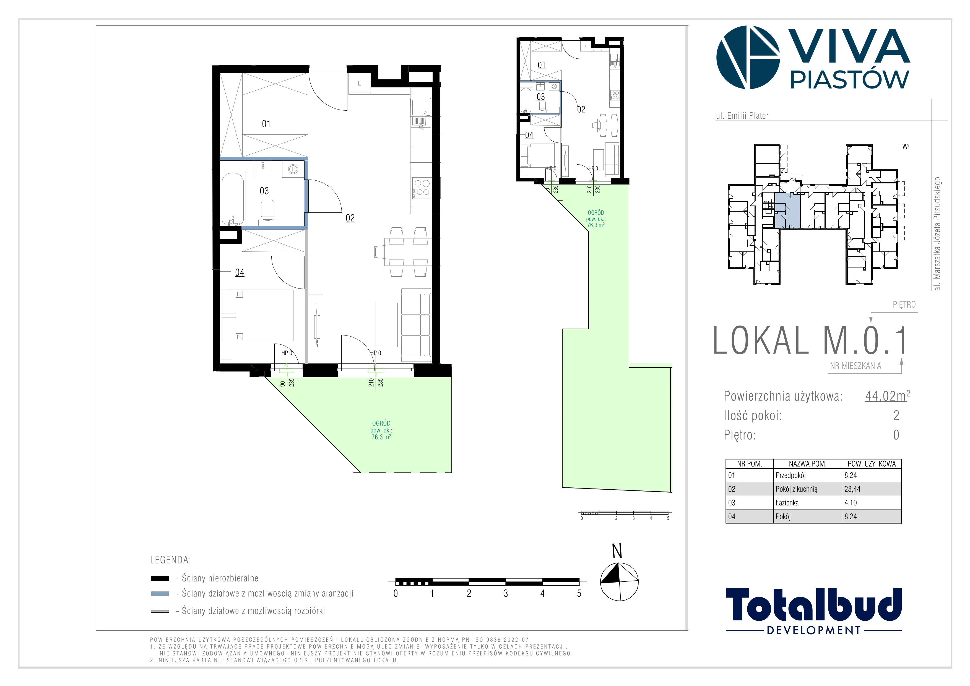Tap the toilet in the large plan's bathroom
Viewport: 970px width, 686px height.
[267, 210]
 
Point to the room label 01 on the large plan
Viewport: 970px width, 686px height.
[266, 124]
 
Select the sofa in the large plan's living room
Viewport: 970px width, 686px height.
[416, 324]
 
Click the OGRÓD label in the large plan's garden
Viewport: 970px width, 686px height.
[381, 423]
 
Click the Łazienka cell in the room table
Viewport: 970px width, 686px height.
[787, 502]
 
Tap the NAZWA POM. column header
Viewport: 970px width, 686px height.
[807, 463]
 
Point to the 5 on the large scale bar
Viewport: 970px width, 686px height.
[579, 594]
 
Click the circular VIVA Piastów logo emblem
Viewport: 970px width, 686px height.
[748, 58]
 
